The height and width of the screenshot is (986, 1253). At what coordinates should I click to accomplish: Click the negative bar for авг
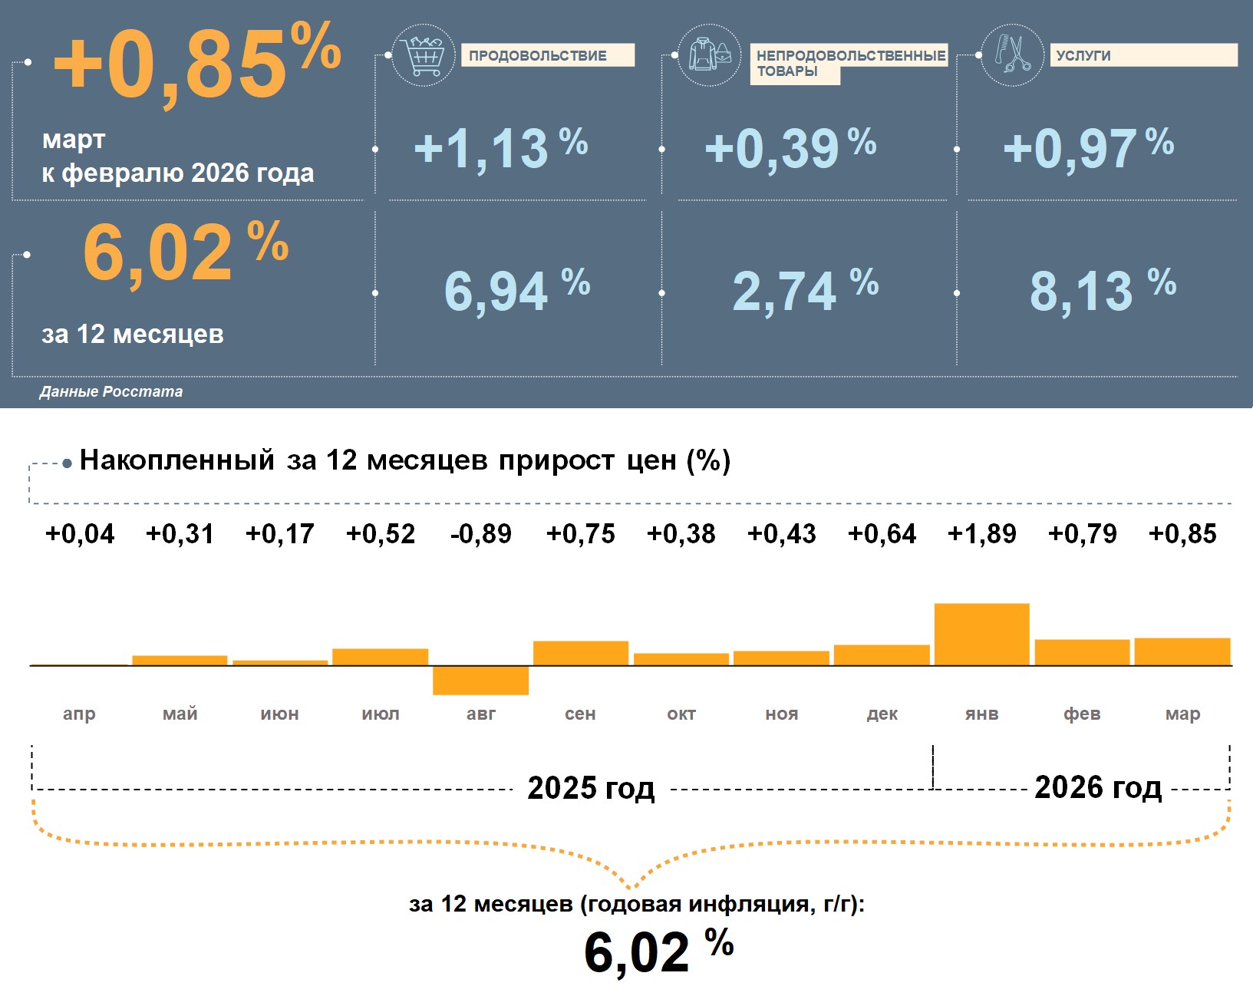(480, 680)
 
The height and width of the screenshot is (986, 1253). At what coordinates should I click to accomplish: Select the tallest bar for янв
(981, 635)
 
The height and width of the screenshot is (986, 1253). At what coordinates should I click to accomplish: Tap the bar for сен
(581, 653)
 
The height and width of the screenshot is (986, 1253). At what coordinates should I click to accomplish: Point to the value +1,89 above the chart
(981, 533)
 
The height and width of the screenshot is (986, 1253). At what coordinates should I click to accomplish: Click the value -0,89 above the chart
(480, 533)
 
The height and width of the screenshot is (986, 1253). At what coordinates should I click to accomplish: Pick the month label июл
(381, 714)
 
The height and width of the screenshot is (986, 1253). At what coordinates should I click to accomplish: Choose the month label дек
(882, 714)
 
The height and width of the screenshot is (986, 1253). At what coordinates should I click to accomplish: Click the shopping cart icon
(423, 55)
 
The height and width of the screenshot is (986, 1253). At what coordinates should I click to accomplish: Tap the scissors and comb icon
(1012, 55)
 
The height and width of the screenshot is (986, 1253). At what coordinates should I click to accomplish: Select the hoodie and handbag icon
(710, 55)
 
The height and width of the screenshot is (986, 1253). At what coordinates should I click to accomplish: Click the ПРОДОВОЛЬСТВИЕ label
(547, 55)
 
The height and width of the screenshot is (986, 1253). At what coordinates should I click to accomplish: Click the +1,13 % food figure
(500, 148)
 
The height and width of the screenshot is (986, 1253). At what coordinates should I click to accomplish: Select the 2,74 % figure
(804, 291)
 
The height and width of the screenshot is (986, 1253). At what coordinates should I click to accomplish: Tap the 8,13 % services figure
(1102, 291)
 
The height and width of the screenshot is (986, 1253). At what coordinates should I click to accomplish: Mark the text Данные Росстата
(111, 391)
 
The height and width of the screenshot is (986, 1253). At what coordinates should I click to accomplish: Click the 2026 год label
(1098, 787)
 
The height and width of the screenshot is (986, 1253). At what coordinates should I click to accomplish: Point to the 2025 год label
(591, 788)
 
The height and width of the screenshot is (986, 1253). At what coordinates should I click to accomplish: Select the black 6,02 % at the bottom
(658, 951)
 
